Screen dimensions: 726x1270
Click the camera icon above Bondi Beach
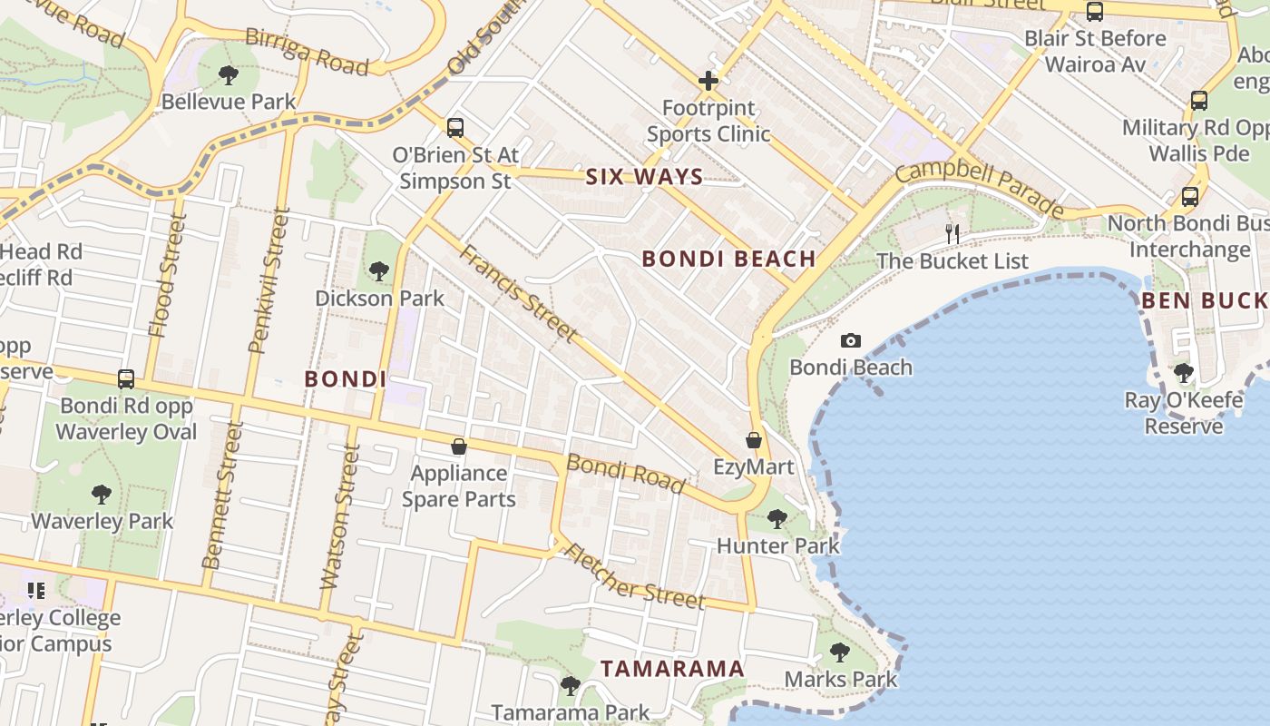pos(850,341)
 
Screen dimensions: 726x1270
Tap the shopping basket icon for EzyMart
pos(753,441)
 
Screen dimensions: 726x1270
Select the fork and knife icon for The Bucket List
pos(952,234)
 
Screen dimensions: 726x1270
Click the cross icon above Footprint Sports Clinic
pos(708,81)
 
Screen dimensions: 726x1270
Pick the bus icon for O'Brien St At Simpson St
pos(455,128)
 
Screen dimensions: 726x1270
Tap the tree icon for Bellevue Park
pos(229,74)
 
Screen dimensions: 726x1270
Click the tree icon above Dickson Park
pos(379,270)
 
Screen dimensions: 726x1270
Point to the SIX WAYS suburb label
pos(644,177)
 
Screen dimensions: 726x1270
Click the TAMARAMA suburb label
pos(672,669)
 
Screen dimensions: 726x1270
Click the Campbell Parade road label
pos(980,190)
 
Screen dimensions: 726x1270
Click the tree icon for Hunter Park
pos(777,519)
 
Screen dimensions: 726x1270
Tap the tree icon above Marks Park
pos(840,652)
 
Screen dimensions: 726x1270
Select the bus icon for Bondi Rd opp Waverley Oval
pos(126,379)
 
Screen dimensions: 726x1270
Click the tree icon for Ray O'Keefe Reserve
pos(1183,372)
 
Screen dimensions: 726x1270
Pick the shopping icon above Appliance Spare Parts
pos(459,446)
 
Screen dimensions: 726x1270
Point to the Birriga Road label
pos(308,52)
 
